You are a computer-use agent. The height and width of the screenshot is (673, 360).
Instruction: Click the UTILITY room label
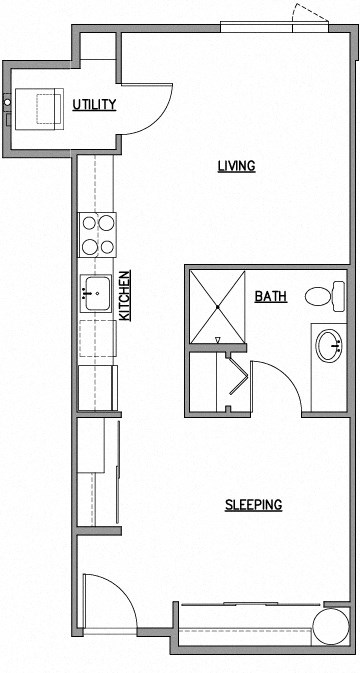pyautogui.click(x=95, y=104)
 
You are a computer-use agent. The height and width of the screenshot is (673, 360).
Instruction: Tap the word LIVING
pyautogui.click(x=236, y=166)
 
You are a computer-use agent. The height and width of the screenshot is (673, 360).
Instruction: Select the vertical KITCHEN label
pyautogui.click(x=125, y=295)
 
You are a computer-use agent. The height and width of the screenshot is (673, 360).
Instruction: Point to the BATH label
pyautogui.click(x=270, y=296)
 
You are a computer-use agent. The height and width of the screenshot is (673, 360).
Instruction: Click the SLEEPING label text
pyautogui.click(x=252, y=505)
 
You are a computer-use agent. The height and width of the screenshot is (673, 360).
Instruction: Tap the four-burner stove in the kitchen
pyautogui.click(x=97, y=236)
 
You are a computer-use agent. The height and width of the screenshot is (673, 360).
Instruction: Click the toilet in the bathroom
pyautogui.click(x=320, y=297)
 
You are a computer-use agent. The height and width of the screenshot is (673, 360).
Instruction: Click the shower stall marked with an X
pyautogui.click(x=215, y=304)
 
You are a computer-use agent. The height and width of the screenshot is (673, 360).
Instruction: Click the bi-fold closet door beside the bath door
pyautogui.click(x=237, y=380)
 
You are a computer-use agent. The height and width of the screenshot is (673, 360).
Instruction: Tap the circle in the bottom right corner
pyautogui.click(x=329, y=628)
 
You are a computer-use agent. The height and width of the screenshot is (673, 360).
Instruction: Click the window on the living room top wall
pyautogui.click(x=258, y=27)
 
